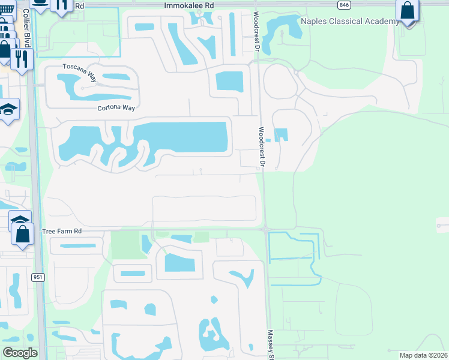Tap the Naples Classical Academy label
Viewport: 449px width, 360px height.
tap(349, 22)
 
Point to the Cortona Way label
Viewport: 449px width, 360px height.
tap(116, 109)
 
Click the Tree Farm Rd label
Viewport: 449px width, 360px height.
tap(62, 230)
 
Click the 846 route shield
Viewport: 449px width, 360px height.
tap(344, 5)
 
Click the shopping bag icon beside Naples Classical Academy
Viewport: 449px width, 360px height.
tap(408, 11)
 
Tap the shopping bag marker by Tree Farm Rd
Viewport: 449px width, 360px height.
tap(23, 233)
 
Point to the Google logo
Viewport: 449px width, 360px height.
tap(20, 353)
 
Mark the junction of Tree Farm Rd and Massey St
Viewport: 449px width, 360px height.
tap(265, 229)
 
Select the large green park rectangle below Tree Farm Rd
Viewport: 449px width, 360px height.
tap(128, 245)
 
